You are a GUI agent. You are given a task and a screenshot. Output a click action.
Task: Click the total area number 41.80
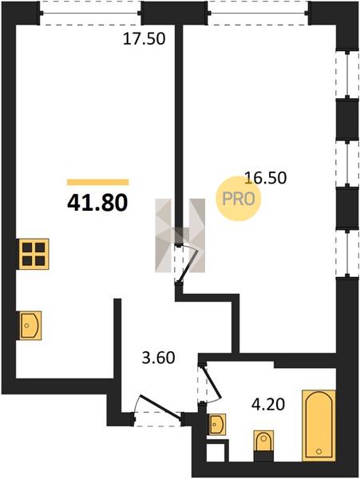click(x=97, y=204)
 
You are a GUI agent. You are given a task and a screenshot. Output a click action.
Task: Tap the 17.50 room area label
click(x=144, y=39)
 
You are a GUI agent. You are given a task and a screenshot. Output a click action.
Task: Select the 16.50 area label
click(x=266, y=178)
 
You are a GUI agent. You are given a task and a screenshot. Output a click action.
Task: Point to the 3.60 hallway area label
click(x=159, y=358)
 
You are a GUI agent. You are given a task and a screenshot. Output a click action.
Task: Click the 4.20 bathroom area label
click(x=268, y=405)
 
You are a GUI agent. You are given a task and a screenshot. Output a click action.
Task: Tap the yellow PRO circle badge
click(x=239, y=199)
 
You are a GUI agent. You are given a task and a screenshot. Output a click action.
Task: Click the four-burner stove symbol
click(x=34, y=254)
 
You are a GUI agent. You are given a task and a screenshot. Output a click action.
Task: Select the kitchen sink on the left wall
click(x=30, y=326)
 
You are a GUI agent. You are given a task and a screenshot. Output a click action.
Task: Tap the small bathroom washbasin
click(x=217, y=425)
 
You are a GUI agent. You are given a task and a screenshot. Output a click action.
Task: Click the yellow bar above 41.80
click(x=97, y=182)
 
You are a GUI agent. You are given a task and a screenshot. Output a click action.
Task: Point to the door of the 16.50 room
click(x=188, y=263)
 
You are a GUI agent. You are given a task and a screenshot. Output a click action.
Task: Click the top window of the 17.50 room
click(x=90, y=13)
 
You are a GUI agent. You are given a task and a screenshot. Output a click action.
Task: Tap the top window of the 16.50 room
click(x=259, y=13)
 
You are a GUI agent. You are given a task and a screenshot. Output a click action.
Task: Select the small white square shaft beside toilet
click(x=217, y=450)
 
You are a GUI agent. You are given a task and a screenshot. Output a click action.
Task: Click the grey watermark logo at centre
click(x=180, y=236)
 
